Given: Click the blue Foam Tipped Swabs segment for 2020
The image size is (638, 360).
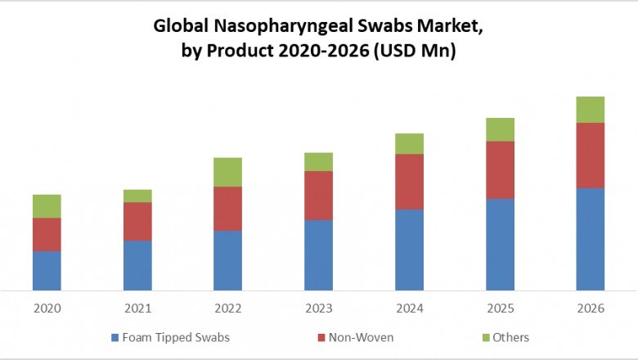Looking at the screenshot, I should [47, 270].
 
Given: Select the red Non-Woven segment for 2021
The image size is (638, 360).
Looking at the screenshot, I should [137, 221].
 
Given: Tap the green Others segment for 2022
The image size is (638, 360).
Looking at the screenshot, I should [227, 172].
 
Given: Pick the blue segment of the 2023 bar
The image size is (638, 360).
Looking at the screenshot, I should [318, 254].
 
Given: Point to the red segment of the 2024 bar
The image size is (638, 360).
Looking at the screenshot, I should [409, 182].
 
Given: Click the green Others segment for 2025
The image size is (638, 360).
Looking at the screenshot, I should [500, 129].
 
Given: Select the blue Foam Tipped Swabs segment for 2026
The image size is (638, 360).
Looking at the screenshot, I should [591, 239].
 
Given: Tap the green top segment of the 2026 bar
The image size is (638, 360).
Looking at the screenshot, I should [591, 110].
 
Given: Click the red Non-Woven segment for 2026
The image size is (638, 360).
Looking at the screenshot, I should [591, 155].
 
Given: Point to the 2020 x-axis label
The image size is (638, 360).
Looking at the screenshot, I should [47, 308].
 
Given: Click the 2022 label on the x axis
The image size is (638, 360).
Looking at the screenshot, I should [227, 308].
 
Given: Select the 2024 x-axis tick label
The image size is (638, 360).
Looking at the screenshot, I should [409, 308].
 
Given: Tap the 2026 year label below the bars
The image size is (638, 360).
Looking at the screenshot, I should [591, 308].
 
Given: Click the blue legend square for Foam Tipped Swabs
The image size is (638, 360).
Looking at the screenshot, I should [114, 338].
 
